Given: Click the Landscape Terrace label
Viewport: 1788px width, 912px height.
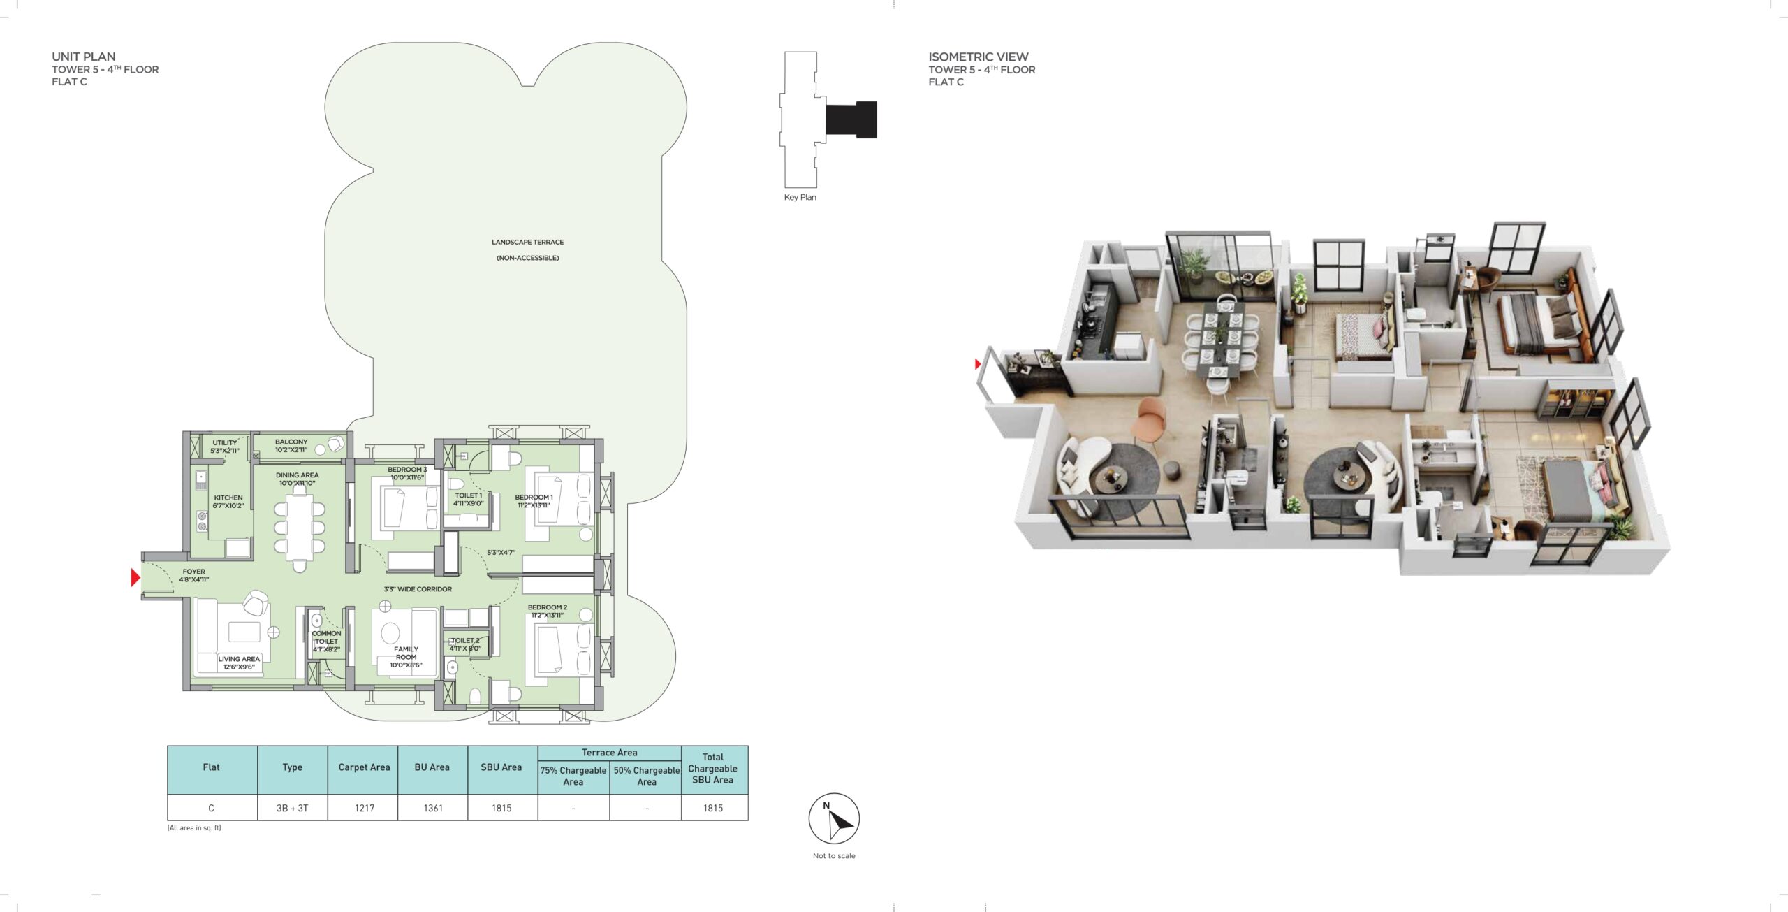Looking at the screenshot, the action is pos(527,242).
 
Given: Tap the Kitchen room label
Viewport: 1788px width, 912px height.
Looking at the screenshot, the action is pos(228,498).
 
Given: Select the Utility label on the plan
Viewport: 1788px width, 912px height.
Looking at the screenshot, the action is pos(225,442).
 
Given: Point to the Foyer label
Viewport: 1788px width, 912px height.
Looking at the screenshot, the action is pos(194,571).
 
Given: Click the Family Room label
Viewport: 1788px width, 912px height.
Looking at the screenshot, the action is pos(406,653).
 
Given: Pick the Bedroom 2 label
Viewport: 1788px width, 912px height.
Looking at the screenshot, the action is pos(547,607).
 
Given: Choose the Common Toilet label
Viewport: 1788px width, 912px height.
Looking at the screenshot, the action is pos(326,637).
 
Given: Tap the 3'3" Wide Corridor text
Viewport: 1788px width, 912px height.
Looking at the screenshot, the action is pos(418,589).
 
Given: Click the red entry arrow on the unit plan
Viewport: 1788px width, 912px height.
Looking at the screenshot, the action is pos(135,577).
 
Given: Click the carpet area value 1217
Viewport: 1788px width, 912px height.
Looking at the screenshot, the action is pos(365,808).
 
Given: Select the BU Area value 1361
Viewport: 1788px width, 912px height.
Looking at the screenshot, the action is pos(433,808).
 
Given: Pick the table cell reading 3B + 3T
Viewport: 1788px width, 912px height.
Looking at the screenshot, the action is pos(292,808).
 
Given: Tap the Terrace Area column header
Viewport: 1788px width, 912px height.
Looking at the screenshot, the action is pos(609,753).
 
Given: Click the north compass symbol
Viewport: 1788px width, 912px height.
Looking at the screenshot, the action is pos(834,818).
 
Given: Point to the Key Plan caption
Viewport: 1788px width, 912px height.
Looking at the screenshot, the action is pos(800,197).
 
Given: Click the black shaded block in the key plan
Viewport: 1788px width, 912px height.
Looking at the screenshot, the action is pos(851,120).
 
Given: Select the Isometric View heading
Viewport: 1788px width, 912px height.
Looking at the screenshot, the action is pos(978,57).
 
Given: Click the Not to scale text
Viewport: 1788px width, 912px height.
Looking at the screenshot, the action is pos(834,855).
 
